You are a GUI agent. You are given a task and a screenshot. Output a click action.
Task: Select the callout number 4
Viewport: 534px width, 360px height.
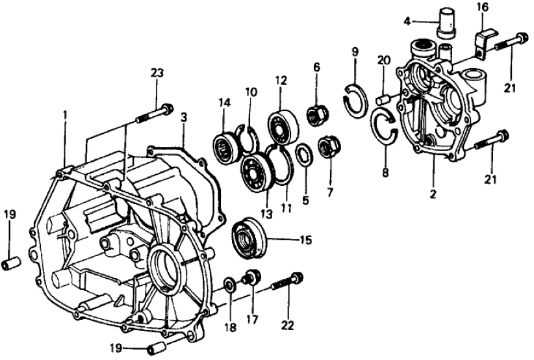[406, 21]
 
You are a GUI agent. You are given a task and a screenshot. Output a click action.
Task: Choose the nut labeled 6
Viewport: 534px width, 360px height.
[317, 116]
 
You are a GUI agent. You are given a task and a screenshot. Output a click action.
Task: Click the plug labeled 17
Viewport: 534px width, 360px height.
[250, 279]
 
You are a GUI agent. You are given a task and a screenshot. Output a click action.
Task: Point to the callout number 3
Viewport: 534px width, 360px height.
[184, 118]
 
